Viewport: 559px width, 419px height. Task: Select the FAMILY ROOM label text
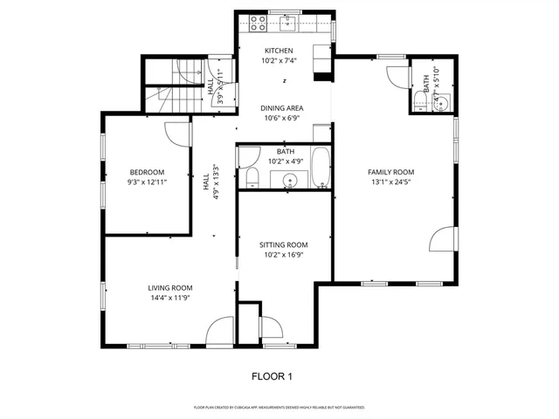390,172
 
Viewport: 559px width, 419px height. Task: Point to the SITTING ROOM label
285,244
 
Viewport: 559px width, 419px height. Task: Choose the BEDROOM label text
147,172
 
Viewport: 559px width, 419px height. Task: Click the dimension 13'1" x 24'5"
390,182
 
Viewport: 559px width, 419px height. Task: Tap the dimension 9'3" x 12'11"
147,182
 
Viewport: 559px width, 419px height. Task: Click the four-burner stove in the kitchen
258,24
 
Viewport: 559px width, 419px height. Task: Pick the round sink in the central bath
289,181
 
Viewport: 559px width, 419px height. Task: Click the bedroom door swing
179,134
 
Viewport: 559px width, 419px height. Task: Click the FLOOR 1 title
273,376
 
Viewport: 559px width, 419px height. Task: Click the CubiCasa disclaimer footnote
279,408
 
